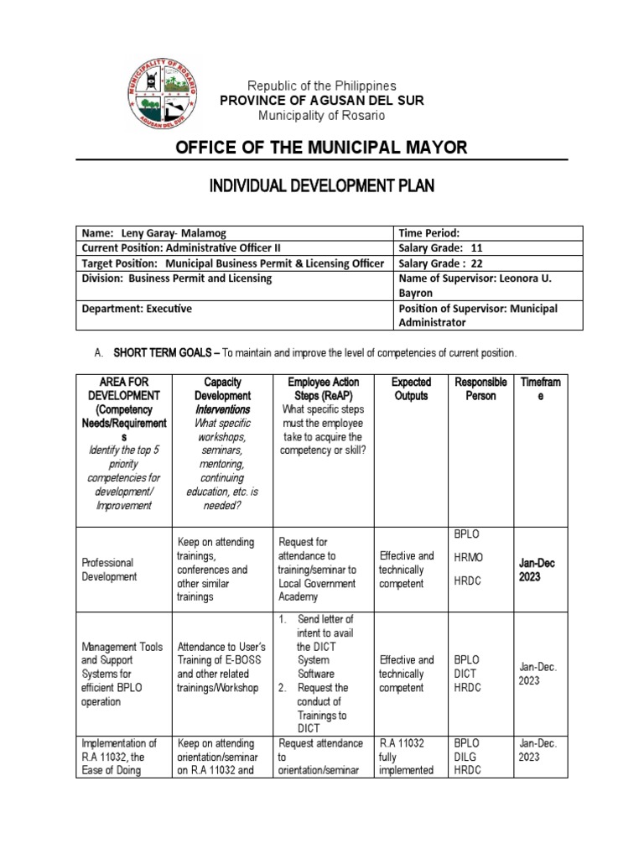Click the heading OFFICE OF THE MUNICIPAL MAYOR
coord(321,148)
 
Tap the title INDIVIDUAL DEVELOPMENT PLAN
coord(321,186)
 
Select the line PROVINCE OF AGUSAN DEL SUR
coord(321,101)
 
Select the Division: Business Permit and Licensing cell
coord(176,279)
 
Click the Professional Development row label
coord(107,570)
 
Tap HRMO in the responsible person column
coord(468,557)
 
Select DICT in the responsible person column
coord(465,674)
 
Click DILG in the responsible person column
coord(465,757)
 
